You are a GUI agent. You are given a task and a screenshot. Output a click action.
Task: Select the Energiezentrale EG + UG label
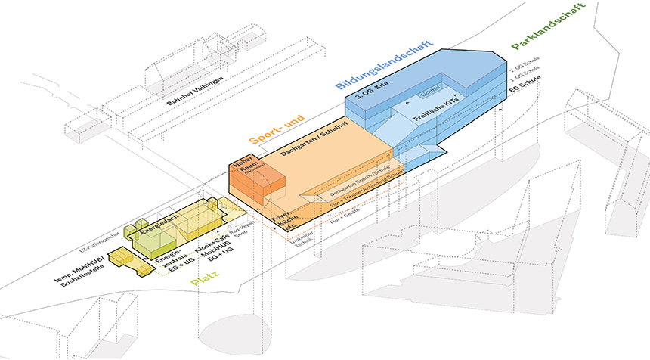pos(166,264)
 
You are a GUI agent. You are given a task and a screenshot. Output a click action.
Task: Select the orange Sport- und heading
pos(279,129)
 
